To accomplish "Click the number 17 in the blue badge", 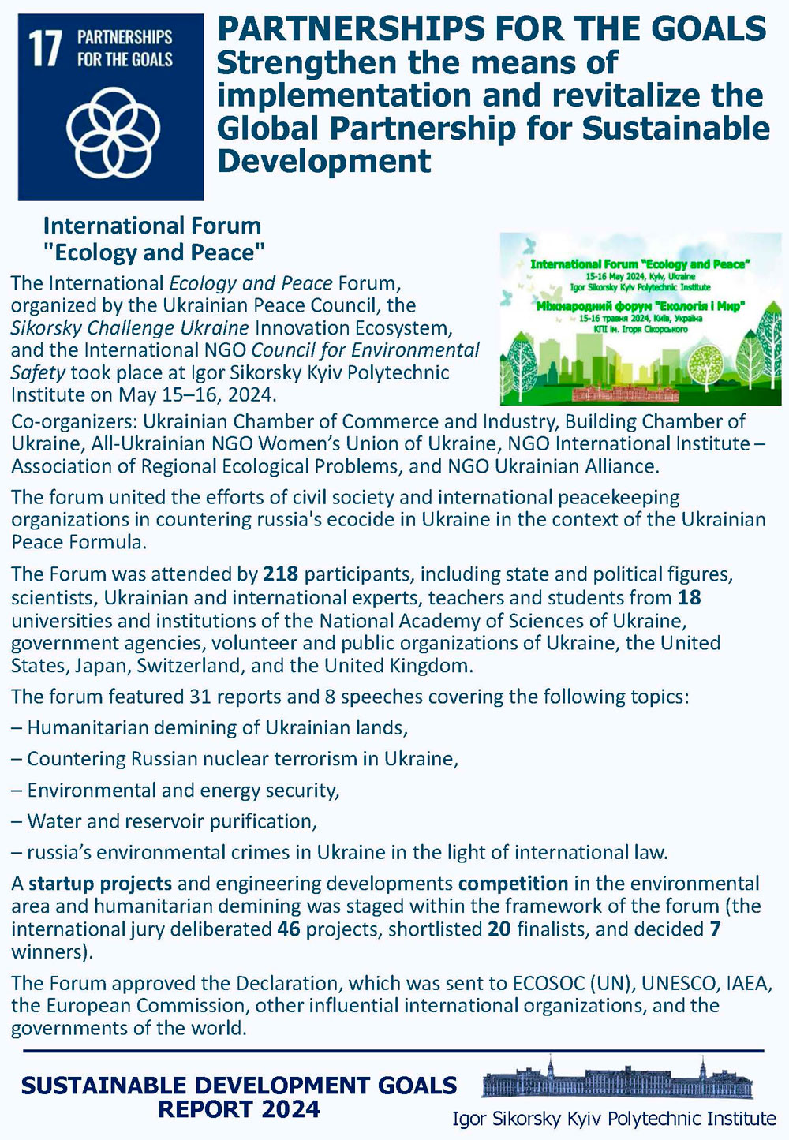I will (44, 48).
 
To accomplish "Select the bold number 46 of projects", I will (289, 929).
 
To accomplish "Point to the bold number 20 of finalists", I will (499, 929).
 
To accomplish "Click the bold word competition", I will (513, 883).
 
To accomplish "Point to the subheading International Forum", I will (151, 226).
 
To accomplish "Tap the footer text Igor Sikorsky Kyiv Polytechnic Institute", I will (614, 1118).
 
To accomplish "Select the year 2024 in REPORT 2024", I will (291, 1109).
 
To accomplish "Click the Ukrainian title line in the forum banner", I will (640, 305).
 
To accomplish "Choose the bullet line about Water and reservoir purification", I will (164, 821).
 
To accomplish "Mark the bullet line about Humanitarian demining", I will (209, 727).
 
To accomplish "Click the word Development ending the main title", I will (324, 161).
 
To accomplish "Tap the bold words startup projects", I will (100, 883).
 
